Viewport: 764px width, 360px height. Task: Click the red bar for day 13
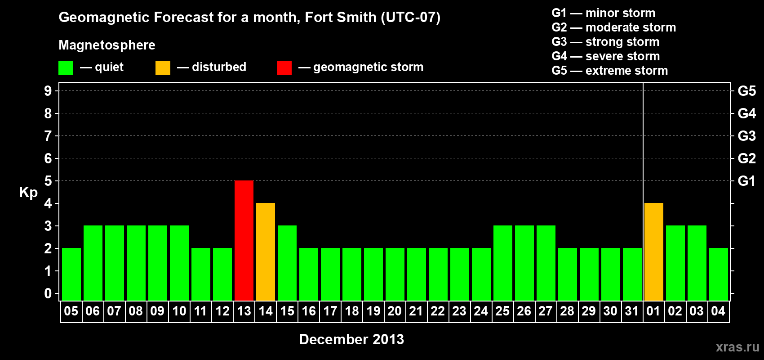pyautogui.click(x=244, y=241)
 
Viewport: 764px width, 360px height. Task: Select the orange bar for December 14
pyautogui.click(x=266, y=252)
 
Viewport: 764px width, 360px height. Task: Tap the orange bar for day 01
pyautogui.click(x=654, y=252)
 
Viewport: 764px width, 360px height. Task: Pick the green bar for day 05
pyautogui.click(x=71, y=274)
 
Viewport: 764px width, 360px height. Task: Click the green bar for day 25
pyautogui.click(x=503, y=263)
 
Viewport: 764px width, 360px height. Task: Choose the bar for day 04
pyautogui.click(x=719, y=274)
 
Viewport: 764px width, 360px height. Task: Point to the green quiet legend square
pyautogui.click(x=66, y=68)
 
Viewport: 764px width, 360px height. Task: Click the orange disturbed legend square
pyautogui.click(x=163, y=68)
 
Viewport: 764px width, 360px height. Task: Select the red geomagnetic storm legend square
pyautogui.click(x=284, y=68)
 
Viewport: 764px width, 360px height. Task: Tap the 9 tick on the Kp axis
pyautogui.click(x=48, y=91)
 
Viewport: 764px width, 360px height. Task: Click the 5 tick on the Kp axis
pyautogui.click(x=48, y=181)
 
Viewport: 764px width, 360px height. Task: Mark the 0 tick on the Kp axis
pyautogui.click(x=48, y=293)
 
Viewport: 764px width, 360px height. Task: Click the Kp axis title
pyautogui.click(x=28, y=192)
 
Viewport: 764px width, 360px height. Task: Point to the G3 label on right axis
pyautogui.click(x=746, y=136)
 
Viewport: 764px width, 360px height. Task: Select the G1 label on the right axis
pyautogui.click(x=746, y=181)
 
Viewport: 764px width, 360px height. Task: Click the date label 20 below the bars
pyautogui.click(x=395, y=311)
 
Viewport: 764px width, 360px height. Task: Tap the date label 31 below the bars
pyautogui.click(x=632, y=311)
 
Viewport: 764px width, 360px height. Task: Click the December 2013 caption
pyautogui.click(x=351, y=339)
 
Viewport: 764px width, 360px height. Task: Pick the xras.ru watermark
pyautogui.click(x=737, y=347)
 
